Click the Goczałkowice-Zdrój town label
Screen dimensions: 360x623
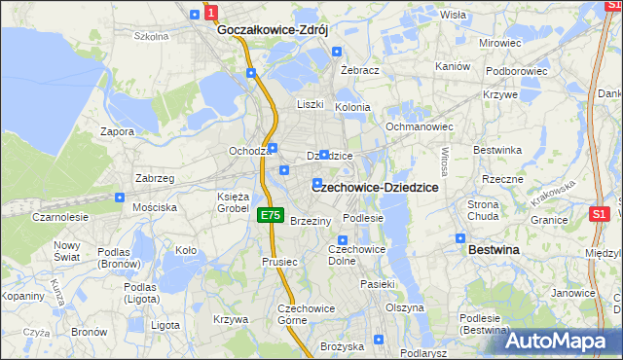coord(274,30)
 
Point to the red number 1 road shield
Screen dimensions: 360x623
coord(211,14)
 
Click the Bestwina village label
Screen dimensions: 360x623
coord(494,250)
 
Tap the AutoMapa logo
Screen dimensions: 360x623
coord(560,341)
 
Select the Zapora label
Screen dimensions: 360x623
coord(117,130)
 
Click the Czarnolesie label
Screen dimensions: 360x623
coord(60,217)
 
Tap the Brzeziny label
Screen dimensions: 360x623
coord(311,221)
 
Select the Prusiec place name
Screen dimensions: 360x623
coord(278,261)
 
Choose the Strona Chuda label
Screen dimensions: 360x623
coord(483,210)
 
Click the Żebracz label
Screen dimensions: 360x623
coord(359,71)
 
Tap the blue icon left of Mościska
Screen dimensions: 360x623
coord(120,197)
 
